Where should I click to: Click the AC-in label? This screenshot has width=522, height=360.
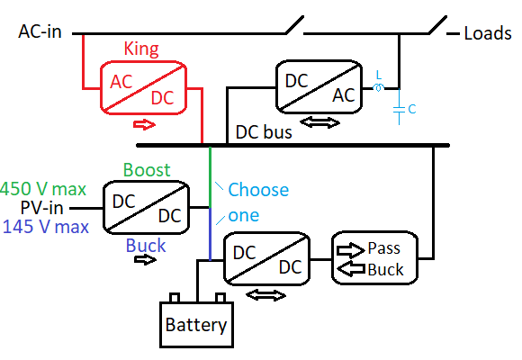click(x=40, y=32)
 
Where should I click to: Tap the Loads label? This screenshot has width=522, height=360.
click(x=488, y=33)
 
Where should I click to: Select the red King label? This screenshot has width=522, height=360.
click(x=141, y=49)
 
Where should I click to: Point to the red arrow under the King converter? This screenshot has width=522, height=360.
click(x=144, y=125)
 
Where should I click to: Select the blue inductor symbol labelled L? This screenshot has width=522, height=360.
click(x=379, y=87)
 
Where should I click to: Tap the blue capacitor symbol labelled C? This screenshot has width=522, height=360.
click(x=400, y=110)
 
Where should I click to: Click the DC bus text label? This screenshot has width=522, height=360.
click(x=264, y=132)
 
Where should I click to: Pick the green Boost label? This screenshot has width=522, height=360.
click(x=147, y=170)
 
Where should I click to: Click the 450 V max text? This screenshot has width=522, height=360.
click(x=43, y=189)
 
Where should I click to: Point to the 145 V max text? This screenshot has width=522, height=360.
click(x=46, y=227)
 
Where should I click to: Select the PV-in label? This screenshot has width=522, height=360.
click(x=42, y=208)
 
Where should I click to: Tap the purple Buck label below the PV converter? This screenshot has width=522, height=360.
click(x=146, y=246)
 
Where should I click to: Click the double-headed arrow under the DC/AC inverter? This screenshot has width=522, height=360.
click(x=319, y=122)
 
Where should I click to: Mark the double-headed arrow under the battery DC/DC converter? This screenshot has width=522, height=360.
click(x=265, y=295)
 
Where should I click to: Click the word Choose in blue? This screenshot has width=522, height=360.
click(x=258, y=190)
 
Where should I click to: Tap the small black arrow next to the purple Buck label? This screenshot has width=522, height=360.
click(x=145, y=259)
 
